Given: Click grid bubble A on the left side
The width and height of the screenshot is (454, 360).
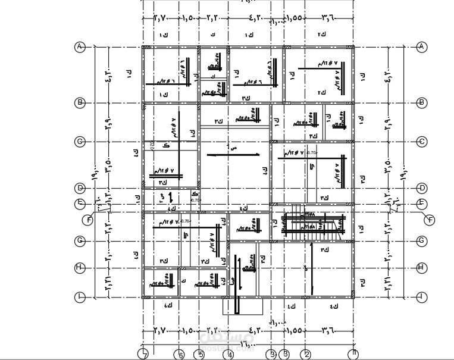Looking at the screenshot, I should [80, 47].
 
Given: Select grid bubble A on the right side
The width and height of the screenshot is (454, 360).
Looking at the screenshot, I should [422, 47].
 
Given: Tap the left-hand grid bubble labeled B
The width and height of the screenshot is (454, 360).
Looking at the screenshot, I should [80, 103].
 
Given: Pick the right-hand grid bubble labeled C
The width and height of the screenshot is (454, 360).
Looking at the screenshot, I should [422, 142].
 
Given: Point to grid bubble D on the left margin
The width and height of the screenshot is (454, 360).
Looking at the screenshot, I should [80, 188].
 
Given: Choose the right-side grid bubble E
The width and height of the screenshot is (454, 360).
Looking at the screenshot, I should [422, 204].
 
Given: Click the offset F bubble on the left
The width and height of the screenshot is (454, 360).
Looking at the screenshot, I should [89, 220].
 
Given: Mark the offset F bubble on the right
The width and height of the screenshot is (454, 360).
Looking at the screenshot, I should [430, 220].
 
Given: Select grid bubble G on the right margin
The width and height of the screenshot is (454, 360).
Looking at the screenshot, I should [422, 241].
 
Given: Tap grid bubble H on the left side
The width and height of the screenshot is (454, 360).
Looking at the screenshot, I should [80, 268].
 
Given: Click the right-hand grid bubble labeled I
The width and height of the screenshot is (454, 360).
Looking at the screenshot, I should [422, 296].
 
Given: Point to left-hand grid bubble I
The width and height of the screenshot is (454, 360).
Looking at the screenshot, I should [80, 296].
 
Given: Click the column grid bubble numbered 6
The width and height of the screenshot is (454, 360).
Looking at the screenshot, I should [181, 355].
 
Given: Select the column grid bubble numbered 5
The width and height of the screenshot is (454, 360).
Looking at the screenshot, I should [200, 355].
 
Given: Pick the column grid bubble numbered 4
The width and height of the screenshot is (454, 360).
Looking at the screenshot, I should [229, 355].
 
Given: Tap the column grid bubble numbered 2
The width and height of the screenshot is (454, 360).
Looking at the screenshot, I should [306, 355].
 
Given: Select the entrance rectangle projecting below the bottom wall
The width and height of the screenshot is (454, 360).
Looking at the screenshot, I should [243, 306].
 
